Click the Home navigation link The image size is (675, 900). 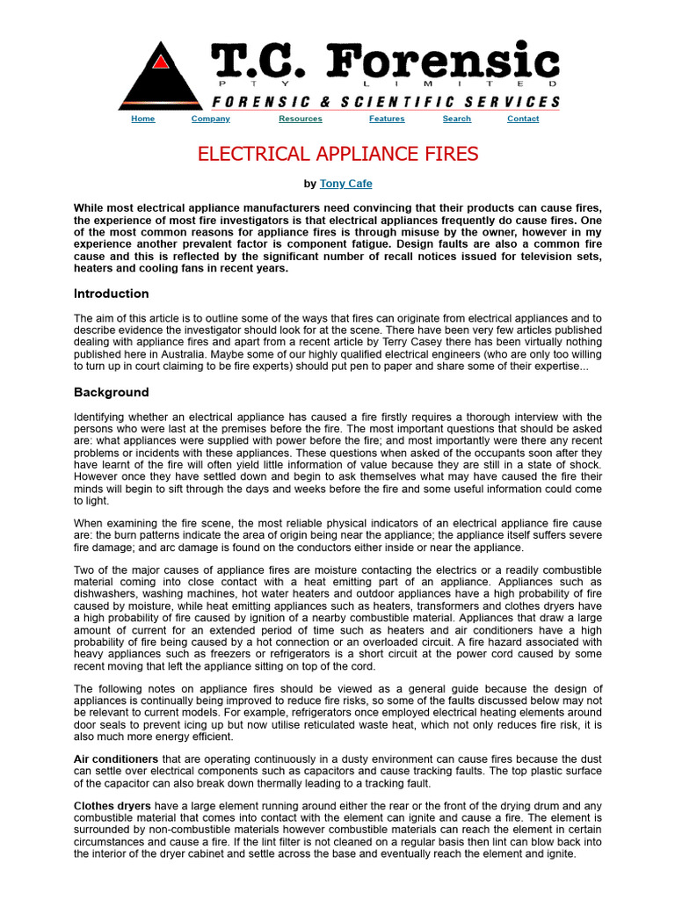click(x=142, y=119)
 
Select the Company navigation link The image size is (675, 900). click(x=211, y=119)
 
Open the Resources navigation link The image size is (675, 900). click(x=301, y=119)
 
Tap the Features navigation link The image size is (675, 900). click(x=387, y=119)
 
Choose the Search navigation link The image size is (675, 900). click(x=457, y=119)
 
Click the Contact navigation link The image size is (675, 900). click(x=523, y=119)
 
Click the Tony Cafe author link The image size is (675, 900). click(x=345, y=184)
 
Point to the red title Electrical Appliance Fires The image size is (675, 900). click(x=337, y=155)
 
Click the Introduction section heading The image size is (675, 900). click(x=112, y=294)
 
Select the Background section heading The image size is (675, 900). click(x=111, y=392)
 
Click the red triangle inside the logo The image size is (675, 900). click(x=160, y=62)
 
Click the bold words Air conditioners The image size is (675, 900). click(x=116, y=759)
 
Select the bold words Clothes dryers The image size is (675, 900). click(x=111, y=804)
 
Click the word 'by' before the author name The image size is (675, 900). click(x=309, y=184)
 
